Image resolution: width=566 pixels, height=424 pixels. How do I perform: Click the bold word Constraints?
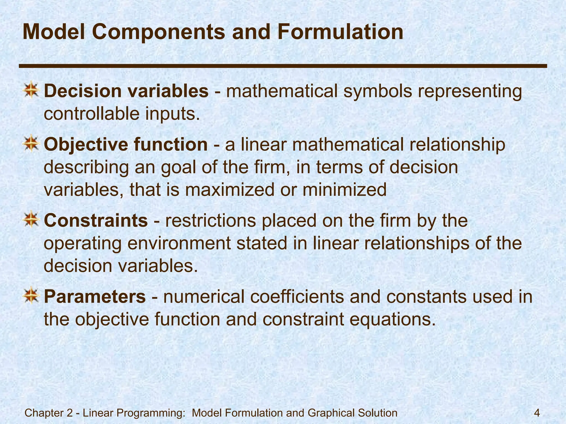(x=96, y=221)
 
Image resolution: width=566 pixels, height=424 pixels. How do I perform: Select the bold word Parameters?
(x=95, y=297)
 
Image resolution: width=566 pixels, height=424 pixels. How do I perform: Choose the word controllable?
(x=91, y=114)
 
